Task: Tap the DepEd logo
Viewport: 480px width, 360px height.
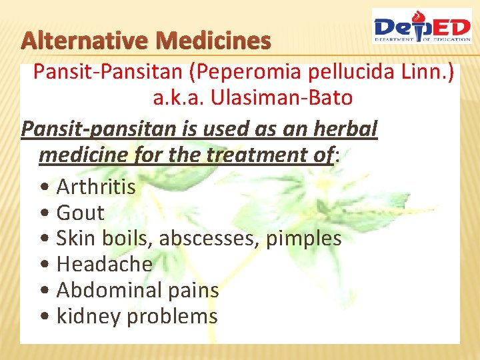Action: click(421, 27)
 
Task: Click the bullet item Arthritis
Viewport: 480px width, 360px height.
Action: click(96, 187)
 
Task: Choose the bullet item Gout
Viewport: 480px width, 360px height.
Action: click(81, 213)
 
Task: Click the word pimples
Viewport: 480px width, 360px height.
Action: click(303, 239)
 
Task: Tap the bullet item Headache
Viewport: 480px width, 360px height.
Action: click(105, 264)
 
